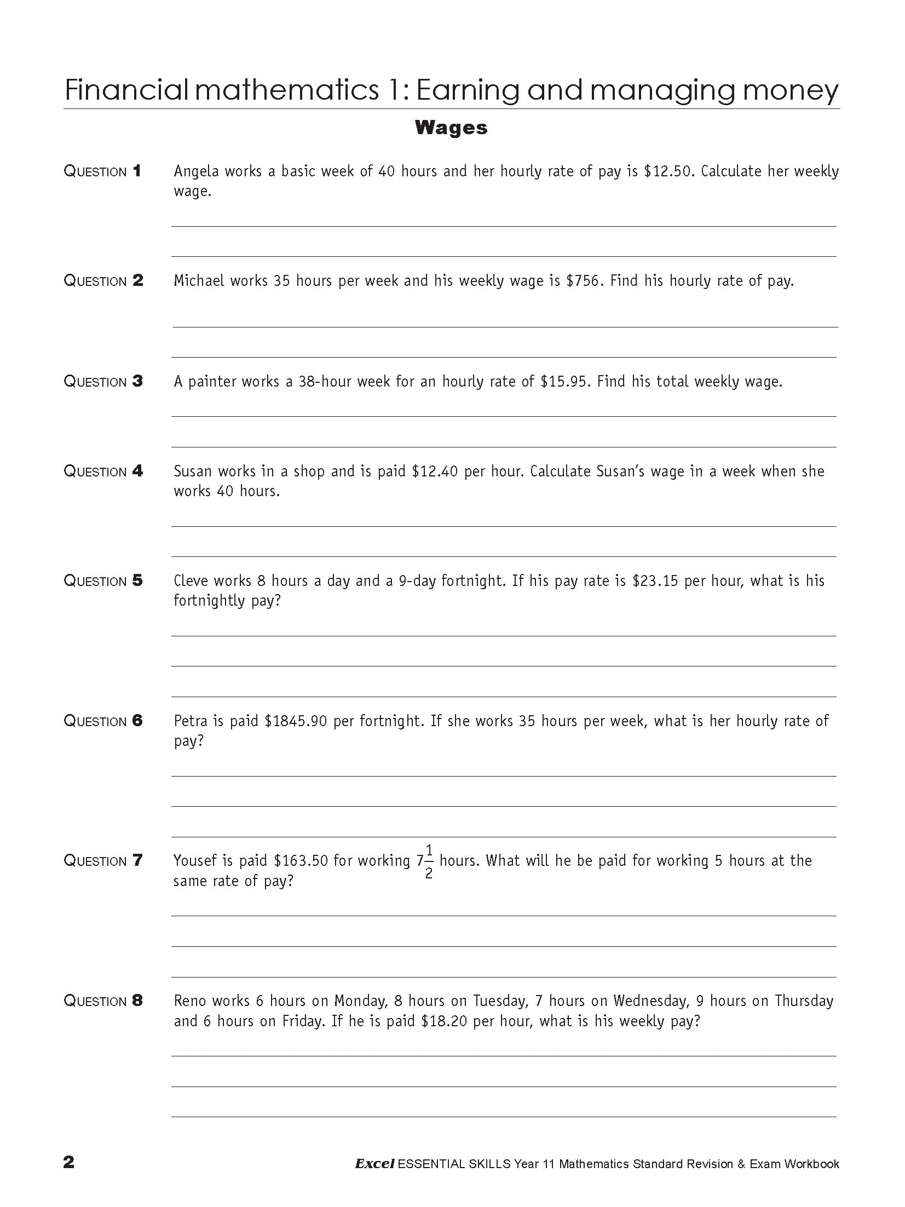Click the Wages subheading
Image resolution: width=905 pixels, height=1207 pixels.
click(451, 128)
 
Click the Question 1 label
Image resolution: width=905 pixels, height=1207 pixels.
click(102, 171)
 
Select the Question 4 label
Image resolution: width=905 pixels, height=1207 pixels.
click(103, 471)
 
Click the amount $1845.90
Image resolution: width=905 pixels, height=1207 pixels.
click(296, 721)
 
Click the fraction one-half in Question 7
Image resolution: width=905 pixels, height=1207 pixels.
click(429, 861)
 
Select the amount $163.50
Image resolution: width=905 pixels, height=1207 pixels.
click(301, 861)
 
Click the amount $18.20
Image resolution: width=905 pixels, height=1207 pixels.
click(444, 1021)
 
